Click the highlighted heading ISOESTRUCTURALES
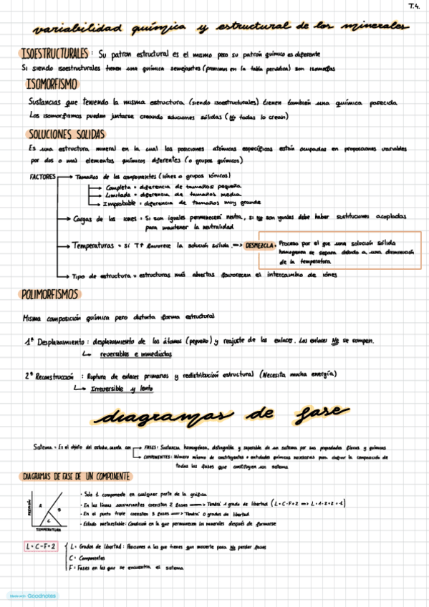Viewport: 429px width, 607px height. [x=55, y=54]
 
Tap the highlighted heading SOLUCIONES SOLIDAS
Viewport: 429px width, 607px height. [x=66, y=135]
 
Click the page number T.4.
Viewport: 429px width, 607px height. [x=414, y=8]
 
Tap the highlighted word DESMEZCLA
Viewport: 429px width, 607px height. [x=259, y=246]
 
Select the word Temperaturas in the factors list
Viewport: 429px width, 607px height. [x=92, y=246]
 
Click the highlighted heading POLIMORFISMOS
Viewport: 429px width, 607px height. [x=50, y=294]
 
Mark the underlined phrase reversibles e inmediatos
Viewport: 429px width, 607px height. [x=126, y=354]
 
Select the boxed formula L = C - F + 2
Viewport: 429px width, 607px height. [x=41, y=547]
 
